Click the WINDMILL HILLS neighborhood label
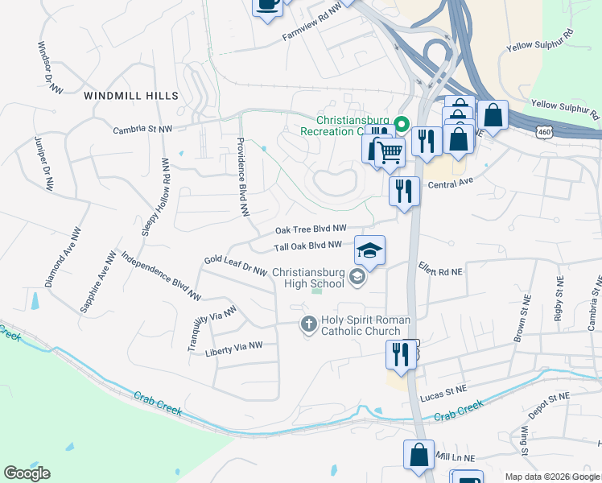(x=131, y=96)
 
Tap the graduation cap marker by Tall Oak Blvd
(x=369, y=251)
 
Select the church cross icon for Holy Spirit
(x=307, y=325)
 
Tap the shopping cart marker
(x=390, y=151)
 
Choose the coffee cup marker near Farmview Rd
(x=267, y=5)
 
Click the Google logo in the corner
(x=27, y=473)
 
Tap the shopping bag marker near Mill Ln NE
(x=419, y=455)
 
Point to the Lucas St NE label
(x=443, y=389)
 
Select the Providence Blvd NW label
(x=240, y=176)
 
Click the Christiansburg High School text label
(x=308, y=278)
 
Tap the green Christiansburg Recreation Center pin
(x=401, y=124)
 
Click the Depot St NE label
(x=547, y=398)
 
